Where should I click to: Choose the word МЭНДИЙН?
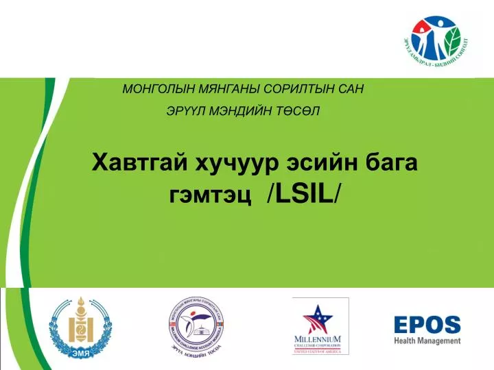pyautogui.click(x=244, y=112)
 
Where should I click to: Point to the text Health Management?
pyautogui.click(x=427, y=341)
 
